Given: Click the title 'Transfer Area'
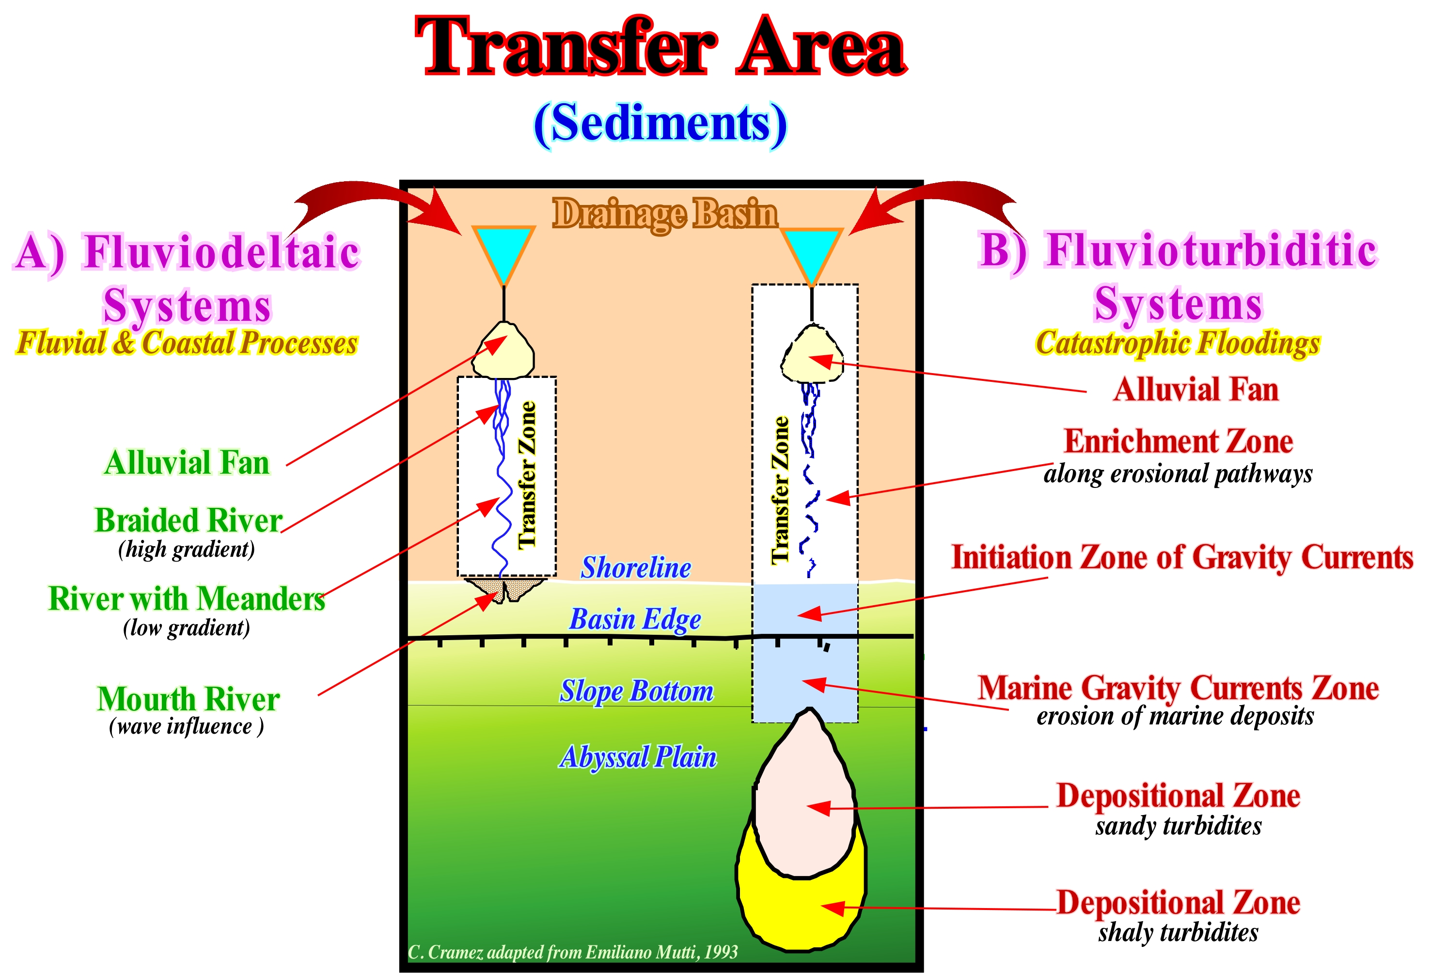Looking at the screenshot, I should [x=660, y=48].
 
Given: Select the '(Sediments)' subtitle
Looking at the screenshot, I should [x=660, y=123].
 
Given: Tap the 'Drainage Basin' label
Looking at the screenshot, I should [x=664, y=214].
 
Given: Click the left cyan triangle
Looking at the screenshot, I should [x=503, y=248].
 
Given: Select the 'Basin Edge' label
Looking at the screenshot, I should [x=635, y=619].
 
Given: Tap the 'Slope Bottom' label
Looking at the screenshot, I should [x=636, y=691].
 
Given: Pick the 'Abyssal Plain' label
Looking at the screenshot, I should [x=638, y=756].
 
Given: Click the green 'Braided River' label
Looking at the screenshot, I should [x=188, y=521].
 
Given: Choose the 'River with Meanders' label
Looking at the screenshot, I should [x=186, y=598].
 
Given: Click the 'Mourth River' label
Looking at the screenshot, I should [x=188, y=699].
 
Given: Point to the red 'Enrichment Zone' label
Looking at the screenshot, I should [x=1178, y=441].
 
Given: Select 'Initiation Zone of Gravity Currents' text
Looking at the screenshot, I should [x=1181, y=557].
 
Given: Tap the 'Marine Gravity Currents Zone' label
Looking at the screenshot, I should [x=1178, y=688].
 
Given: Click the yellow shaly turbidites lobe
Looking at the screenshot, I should [x=801, y=911].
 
